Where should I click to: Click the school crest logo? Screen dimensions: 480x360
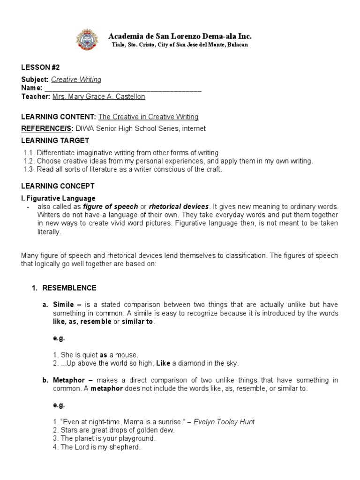(87, 41)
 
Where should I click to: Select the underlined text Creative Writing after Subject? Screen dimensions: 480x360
(76, 80)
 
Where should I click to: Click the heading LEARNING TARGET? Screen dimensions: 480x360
(55, 141)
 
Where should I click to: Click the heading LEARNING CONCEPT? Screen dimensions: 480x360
(58, 186)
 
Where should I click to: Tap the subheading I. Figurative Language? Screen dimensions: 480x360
(58, 198)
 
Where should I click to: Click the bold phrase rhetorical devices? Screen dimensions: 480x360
(179, 207)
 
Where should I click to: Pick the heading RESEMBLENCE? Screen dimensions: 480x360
(69, 288)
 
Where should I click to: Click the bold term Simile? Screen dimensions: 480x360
(63, 305)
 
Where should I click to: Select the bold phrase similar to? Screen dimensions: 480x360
(137, 322)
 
